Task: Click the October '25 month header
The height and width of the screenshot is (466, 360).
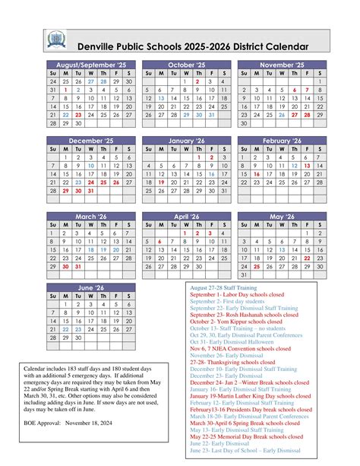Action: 187,65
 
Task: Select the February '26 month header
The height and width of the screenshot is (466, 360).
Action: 282,141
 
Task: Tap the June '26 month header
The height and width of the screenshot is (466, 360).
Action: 91,288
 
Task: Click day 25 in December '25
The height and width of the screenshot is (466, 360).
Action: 104,182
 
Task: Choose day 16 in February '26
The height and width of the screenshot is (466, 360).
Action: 257,173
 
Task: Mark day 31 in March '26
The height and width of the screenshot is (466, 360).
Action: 78,266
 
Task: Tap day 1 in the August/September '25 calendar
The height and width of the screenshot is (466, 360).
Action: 66,90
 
